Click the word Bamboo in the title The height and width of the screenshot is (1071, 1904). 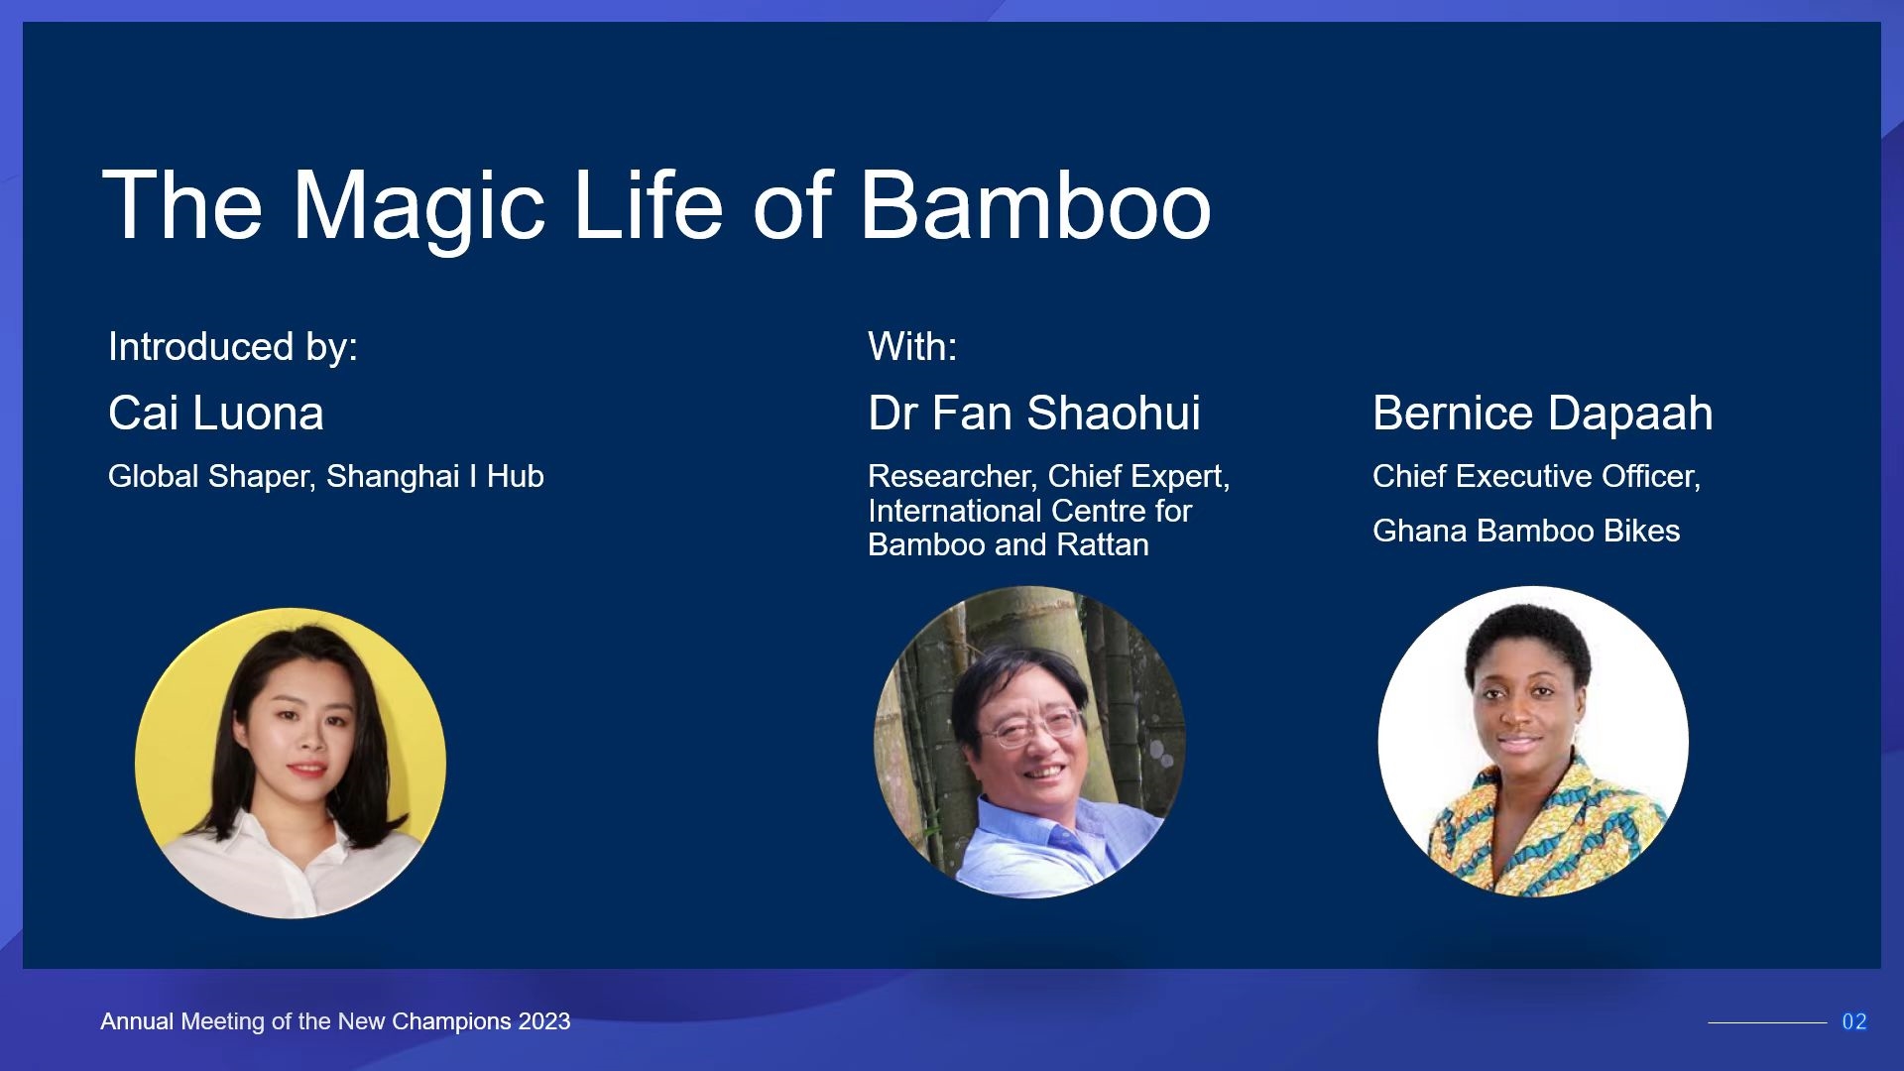[x=1035, y=205]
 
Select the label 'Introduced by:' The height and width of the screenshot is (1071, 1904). [x=233, y=347]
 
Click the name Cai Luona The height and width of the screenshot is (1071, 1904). [x=216, y=413]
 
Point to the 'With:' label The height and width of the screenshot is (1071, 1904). [x=912, y=347]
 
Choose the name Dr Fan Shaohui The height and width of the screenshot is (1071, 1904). [x=1034, y=413]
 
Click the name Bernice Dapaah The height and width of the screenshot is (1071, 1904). [x=1543, y=414]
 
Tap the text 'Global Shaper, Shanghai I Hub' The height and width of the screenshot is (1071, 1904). [x=326, y=477]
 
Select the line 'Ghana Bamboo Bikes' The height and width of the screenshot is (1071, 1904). [x=1526, y=531]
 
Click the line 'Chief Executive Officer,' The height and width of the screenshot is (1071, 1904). [x=1537, y=477]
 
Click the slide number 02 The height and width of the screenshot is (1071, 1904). [x=1854, y=1021]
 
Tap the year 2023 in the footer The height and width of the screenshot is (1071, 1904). [x=544, y=1021]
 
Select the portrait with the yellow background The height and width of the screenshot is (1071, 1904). [x=291, y=764]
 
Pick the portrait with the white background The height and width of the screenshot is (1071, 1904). [x=1533, y=742]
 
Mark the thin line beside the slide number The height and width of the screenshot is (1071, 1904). [x=1767, y=1022]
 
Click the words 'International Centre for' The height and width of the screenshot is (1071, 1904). [x=1029, y=511]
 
